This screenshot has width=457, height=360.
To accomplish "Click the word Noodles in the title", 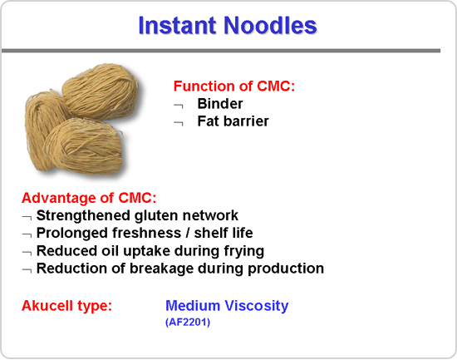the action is click(x=270, y=26).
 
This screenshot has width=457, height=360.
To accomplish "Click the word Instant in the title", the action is click(x=178, y=26).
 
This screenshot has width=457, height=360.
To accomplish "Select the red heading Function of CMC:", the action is click(x=234, y=86).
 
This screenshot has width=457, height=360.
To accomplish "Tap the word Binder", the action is click(x=220, y=104).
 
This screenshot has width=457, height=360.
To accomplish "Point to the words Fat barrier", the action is click(x=233, y=121).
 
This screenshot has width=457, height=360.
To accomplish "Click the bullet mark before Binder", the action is click(x=179, y=106).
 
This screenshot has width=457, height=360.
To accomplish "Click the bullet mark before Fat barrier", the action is click(x=179, y=124).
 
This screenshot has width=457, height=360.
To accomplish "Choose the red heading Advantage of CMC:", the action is click(x=89, y=198).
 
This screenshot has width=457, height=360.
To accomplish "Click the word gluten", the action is click(x=156, y=216).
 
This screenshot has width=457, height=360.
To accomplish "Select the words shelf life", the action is click(x=224, y=233).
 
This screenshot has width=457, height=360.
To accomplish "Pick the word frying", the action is click(x=244, y=251).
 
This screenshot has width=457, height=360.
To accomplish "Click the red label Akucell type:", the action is click(x=66, y=306).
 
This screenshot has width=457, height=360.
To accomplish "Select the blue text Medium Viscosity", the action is click(x=227, y=306).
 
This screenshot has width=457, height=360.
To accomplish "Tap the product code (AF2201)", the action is click(x=188, y=323).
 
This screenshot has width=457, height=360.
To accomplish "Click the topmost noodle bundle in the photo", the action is click(x=101, y=92).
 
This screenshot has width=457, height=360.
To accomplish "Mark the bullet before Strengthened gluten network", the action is click(x=27, y=217).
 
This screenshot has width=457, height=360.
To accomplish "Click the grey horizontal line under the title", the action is click(x=221, y=51).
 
